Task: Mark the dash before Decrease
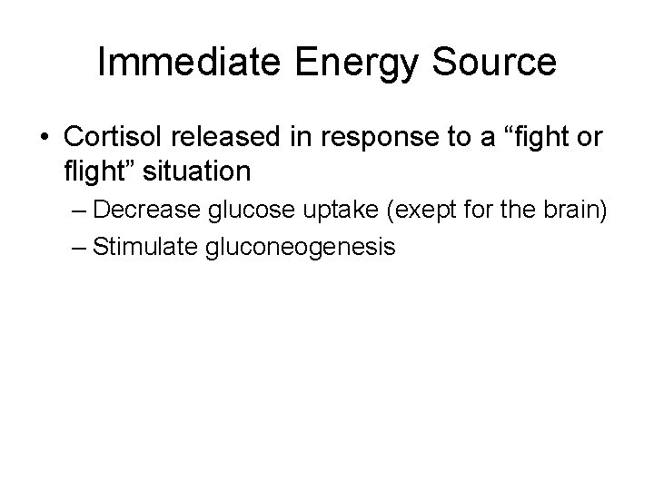(79, 211)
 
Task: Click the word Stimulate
(136, 246)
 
